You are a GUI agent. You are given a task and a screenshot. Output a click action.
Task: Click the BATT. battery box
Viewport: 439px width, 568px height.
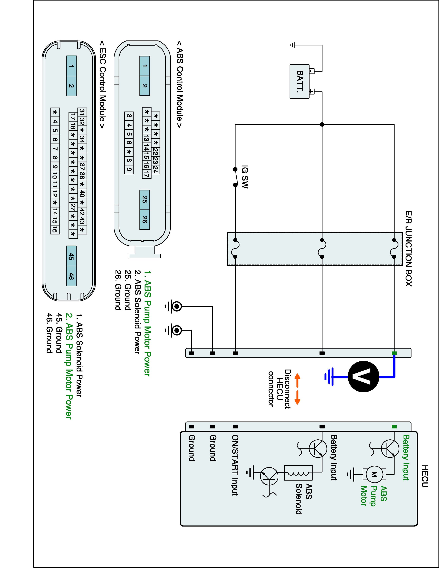pos(300,81)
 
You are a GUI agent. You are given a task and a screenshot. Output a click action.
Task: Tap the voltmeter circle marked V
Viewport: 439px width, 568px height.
pos(363,376)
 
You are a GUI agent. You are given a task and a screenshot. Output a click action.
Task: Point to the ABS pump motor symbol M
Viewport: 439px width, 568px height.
pos(374,474)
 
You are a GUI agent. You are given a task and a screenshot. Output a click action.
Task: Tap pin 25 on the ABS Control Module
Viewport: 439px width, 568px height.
pos(145,200)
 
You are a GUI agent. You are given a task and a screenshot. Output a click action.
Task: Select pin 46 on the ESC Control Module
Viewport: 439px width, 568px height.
pos(71,276)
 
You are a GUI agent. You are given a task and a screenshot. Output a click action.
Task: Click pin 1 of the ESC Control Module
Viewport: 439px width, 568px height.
pos(71,66)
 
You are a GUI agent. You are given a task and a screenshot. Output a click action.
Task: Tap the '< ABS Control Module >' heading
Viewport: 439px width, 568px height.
pos(180,84)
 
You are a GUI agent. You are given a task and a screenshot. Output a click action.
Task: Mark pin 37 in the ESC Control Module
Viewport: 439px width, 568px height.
pos(82,166)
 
